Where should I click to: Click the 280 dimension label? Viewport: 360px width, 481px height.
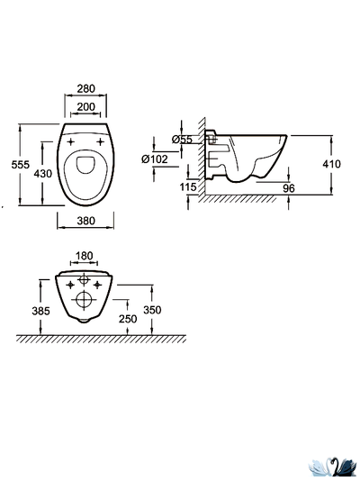[85, 88]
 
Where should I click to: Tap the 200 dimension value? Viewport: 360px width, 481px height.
[85, 107]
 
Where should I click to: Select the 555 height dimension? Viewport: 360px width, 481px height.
[21, 165]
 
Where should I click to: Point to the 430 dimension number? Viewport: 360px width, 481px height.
[43, 174]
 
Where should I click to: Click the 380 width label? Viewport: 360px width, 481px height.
[85, 221]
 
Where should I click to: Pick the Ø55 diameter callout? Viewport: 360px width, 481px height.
[182, 140]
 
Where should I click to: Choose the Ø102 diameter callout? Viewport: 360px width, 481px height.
[155, 159]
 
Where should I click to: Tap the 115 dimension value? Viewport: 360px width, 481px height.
[188, 186]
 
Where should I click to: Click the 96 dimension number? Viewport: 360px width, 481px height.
[289, 188]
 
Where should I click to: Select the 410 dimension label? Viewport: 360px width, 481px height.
[331, 164]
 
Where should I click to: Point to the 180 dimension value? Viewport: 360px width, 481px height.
[84, 256]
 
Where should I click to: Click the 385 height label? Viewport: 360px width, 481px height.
[40, 311]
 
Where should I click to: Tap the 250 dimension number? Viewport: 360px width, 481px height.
[128, 319]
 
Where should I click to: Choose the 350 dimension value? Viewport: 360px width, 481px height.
[152, 310]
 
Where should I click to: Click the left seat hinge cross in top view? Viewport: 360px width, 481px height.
[71, 141]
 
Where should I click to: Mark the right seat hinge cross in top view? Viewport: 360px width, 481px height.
[100, 141]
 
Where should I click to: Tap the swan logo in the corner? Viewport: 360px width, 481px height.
[333, 467]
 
